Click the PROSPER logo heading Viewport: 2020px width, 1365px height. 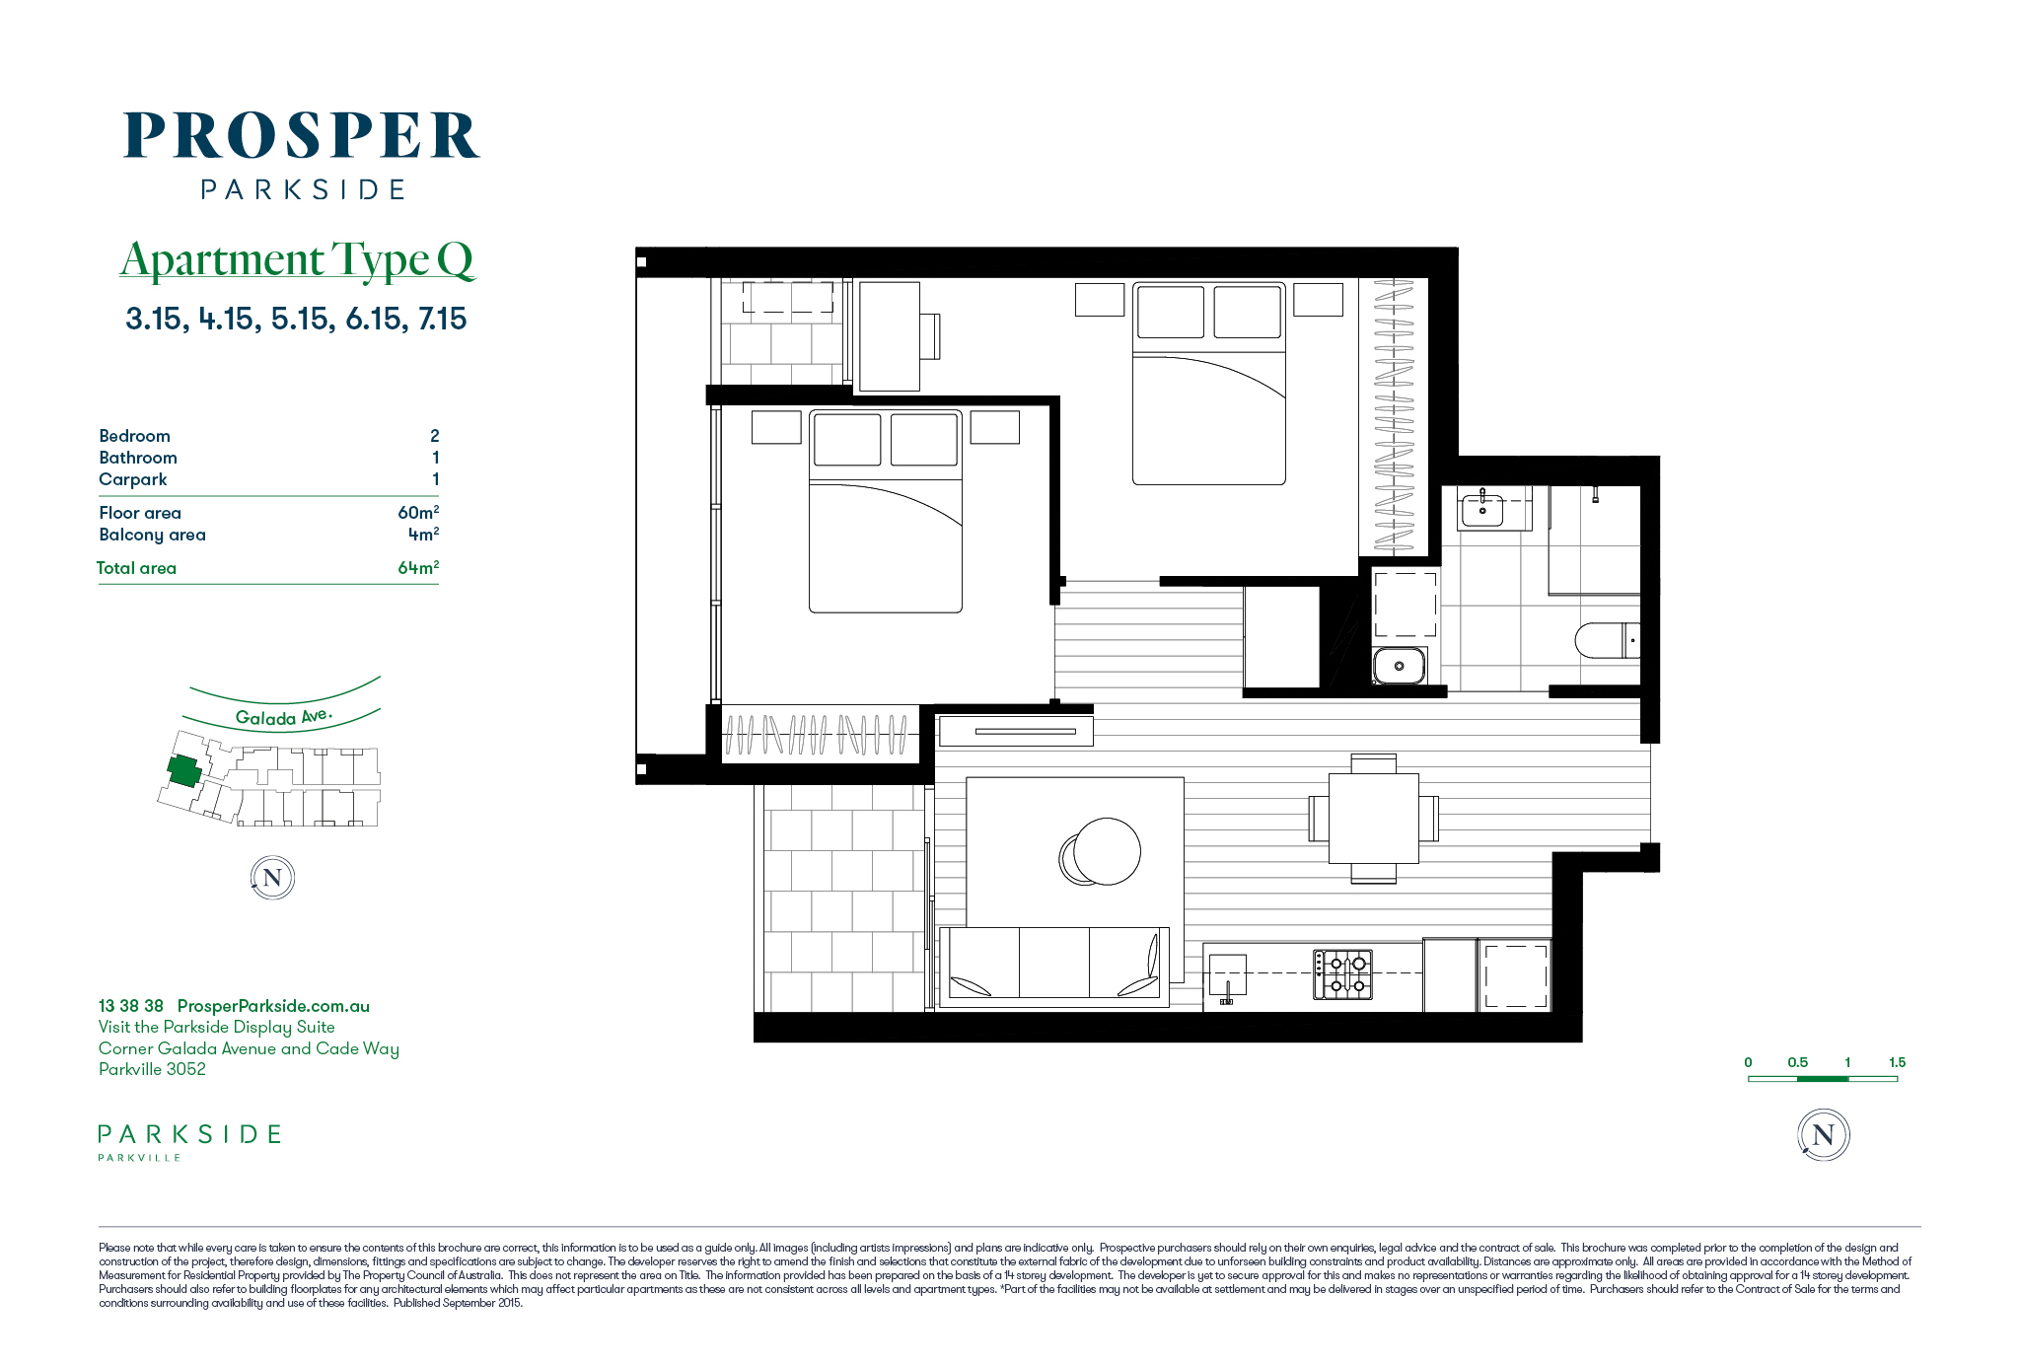[x=302, y=136]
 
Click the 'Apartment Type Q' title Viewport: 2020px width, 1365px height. [x=298, y=260]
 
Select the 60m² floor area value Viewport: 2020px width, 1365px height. [x=418, y=512]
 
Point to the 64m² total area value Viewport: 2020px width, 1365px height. [x=418, y=567]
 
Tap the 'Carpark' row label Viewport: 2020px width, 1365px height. [x=133, y=479]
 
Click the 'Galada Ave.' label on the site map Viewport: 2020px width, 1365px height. [x=284, y=717]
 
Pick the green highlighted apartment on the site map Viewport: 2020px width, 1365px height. [x=184, y=770]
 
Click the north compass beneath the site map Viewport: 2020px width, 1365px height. [x=272, y=878]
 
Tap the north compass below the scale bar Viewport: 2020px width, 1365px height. [x=1824, y=1134]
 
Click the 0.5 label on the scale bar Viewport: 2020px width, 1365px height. [x=1798, y=1062]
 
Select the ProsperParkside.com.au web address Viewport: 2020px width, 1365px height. [x=273, y=1006]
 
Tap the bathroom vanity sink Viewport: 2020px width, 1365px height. [x=1481, y=509]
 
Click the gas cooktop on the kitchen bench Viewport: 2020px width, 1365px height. [x=1342, y=973]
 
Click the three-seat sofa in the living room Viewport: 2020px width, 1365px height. [x=1053, y=967]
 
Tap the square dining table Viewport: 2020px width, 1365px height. [x=1374, y=819]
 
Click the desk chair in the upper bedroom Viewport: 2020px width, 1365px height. [x=930, y=336]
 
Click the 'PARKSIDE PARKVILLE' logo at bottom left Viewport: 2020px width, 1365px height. [x=189, y=1142]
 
